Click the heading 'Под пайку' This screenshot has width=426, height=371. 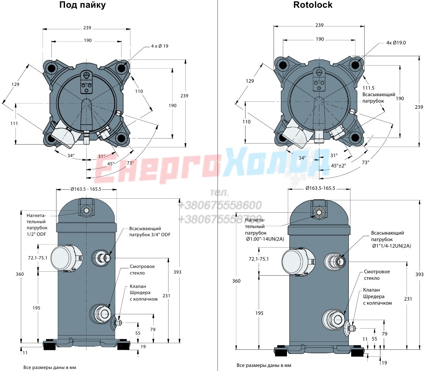[x=83, y=5]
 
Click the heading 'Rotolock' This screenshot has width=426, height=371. [x=313, y=4]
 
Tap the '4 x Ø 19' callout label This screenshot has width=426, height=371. [x=159, y=46]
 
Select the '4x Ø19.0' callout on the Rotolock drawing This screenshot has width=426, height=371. [x=396, y=42]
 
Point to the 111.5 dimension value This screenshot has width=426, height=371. [x=368, y=88]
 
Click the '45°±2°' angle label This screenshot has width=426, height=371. [x=339, y=165]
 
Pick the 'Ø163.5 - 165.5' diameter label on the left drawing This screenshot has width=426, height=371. [x=86, y=189]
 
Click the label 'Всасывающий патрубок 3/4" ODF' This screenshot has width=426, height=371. [x=150, y=231]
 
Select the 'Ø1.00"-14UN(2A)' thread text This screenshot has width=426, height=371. [x=265, y=239]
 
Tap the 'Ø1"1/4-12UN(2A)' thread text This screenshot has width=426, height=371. [x=391, y=246]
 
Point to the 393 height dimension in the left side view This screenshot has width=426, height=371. [x=177, y=272]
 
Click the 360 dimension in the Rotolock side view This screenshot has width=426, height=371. [x=236, y=281]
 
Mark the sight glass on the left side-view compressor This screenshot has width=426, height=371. [x=101, y=314]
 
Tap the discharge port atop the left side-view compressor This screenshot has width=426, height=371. [x=86, y=211]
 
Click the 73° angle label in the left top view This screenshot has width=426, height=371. [x=130, y=163]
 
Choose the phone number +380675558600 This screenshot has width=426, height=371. [x=220, y=205]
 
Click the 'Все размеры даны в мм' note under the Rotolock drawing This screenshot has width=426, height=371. [x=264, y=365]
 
